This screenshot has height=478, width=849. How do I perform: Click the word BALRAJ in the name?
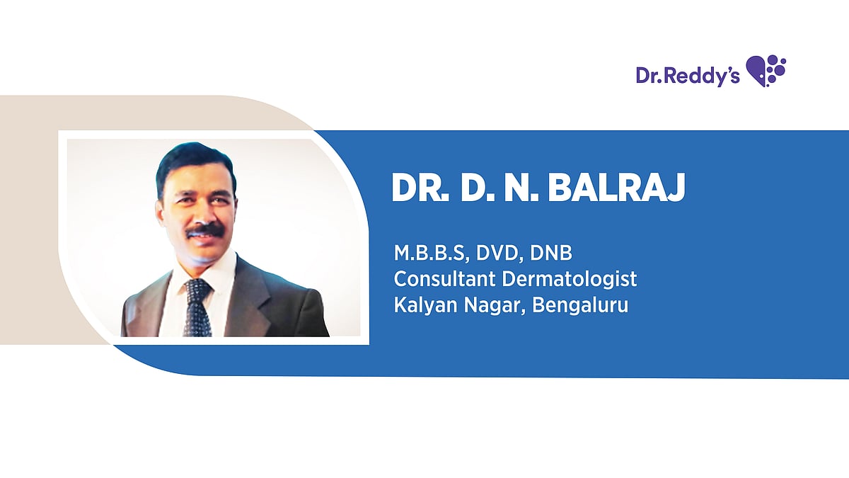616,188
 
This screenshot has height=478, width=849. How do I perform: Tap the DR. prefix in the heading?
420,188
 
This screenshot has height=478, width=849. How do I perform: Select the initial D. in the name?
478,188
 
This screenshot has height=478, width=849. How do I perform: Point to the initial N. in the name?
521,188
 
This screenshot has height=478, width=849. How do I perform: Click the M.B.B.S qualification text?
432,254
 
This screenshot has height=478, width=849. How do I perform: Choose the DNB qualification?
550,253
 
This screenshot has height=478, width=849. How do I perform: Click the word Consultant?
444,279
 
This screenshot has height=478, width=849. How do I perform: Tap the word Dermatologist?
570,280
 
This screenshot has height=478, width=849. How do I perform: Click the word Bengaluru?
580,306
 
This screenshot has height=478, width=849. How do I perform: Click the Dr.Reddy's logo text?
688,76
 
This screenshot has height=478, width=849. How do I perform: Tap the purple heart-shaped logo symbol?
766,71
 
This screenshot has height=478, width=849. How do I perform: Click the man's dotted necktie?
197,307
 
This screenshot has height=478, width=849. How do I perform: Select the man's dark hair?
196,164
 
